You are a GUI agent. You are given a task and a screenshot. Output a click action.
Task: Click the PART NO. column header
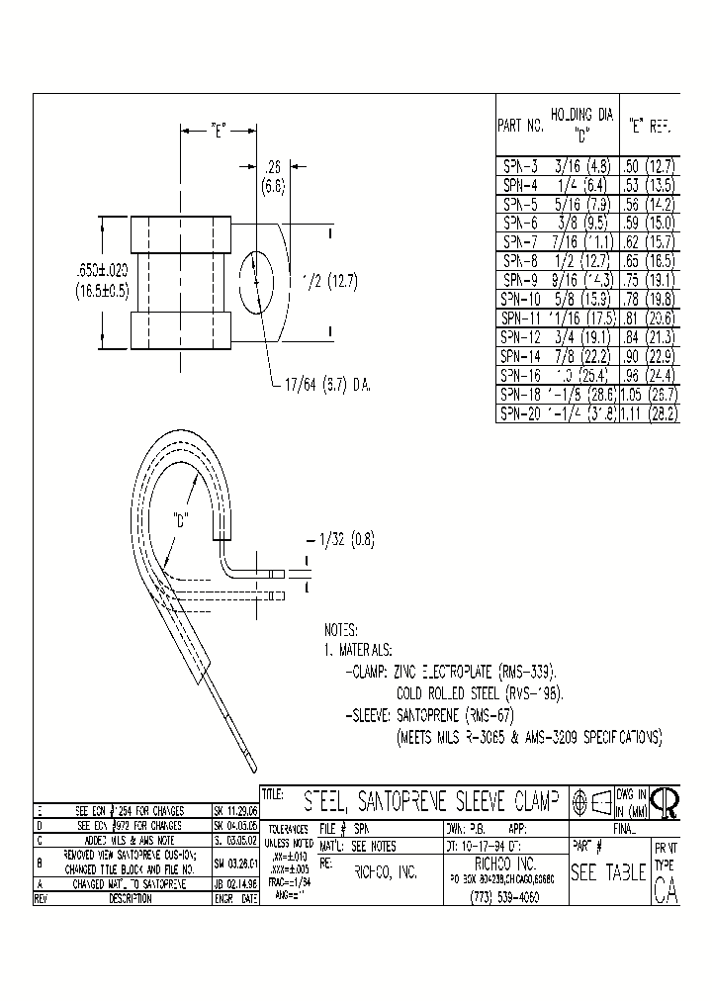coord(520,126)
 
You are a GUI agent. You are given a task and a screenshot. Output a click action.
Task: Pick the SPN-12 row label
coord(518,337)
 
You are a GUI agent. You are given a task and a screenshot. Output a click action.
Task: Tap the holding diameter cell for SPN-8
coord(582,261)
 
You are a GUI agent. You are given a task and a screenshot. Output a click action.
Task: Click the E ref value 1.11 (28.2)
coord(648,413)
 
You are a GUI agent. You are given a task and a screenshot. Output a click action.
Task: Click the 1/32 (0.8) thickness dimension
coord(347,540)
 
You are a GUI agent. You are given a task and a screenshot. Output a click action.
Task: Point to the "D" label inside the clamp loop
coord(181,518)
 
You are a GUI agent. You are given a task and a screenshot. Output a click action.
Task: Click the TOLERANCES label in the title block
coord(288,829)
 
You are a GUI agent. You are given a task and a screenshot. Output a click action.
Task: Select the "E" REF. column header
coord(648,126)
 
